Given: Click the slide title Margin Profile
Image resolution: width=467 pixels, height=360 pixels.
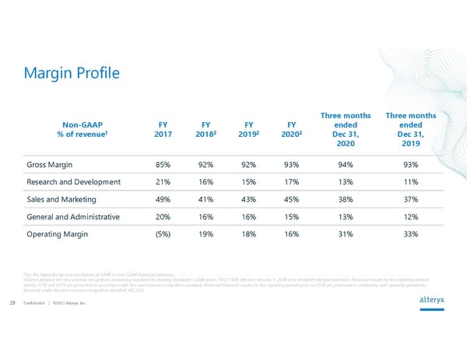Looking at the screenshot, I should tap(71, 73).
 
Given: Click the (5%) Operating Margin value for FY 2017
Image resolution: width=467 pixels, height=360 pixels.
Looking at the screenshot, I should tap(164, 234).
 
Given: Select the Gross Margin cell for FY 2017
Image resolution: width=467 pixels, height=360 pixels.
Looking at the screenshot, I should tap(164, 165).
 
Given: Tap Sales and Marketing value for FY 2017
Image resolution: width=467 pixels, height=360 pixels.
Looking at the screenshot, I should tap(164, 199).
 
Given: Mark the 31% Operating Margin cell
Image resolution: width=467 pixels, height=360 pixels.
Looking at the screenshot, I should tap(346, 234).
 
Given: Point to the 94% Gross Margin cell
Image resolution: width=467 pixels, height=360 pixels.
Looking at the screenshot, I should tap(346, 165).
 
